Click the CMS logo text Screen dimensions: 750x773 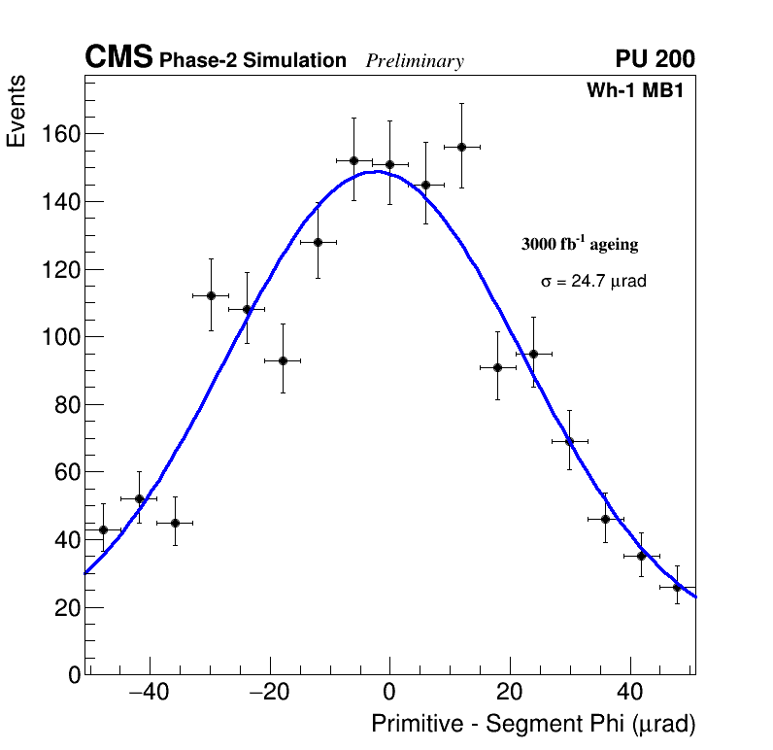(118, 58)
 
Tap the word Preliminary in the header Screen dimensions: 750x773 (415, 61)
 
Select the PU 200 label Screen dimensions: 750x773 (655, 59)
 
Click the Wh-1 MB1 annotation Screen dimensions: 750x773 (640, 90)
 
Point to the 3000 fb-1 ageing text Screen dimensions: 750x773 (580, 244)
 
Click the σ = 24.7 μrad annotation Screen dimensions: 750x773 (593, 281)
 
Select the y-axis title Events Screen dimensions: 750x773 (17, 112)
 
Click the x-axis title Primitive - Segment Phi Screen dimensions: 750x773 (533, 724)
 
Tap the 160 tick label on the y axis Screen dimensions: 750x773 (59, 134)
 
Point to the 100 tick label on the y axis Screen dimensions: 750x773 (59, 337)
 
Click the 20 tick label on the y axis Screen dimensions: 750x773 (64, 607)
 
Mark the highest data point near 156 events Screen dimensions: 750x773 (461, 147)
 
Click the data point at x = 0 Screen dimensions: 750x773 (389, 164)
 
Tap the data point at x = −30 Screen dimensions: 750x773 (211, 295)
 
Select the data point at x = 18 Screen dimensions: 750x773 (497, 367)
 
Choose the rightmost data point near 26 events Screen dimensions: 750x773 (677, 587)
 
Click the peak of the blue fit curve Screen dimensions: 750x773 (375, 172)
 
